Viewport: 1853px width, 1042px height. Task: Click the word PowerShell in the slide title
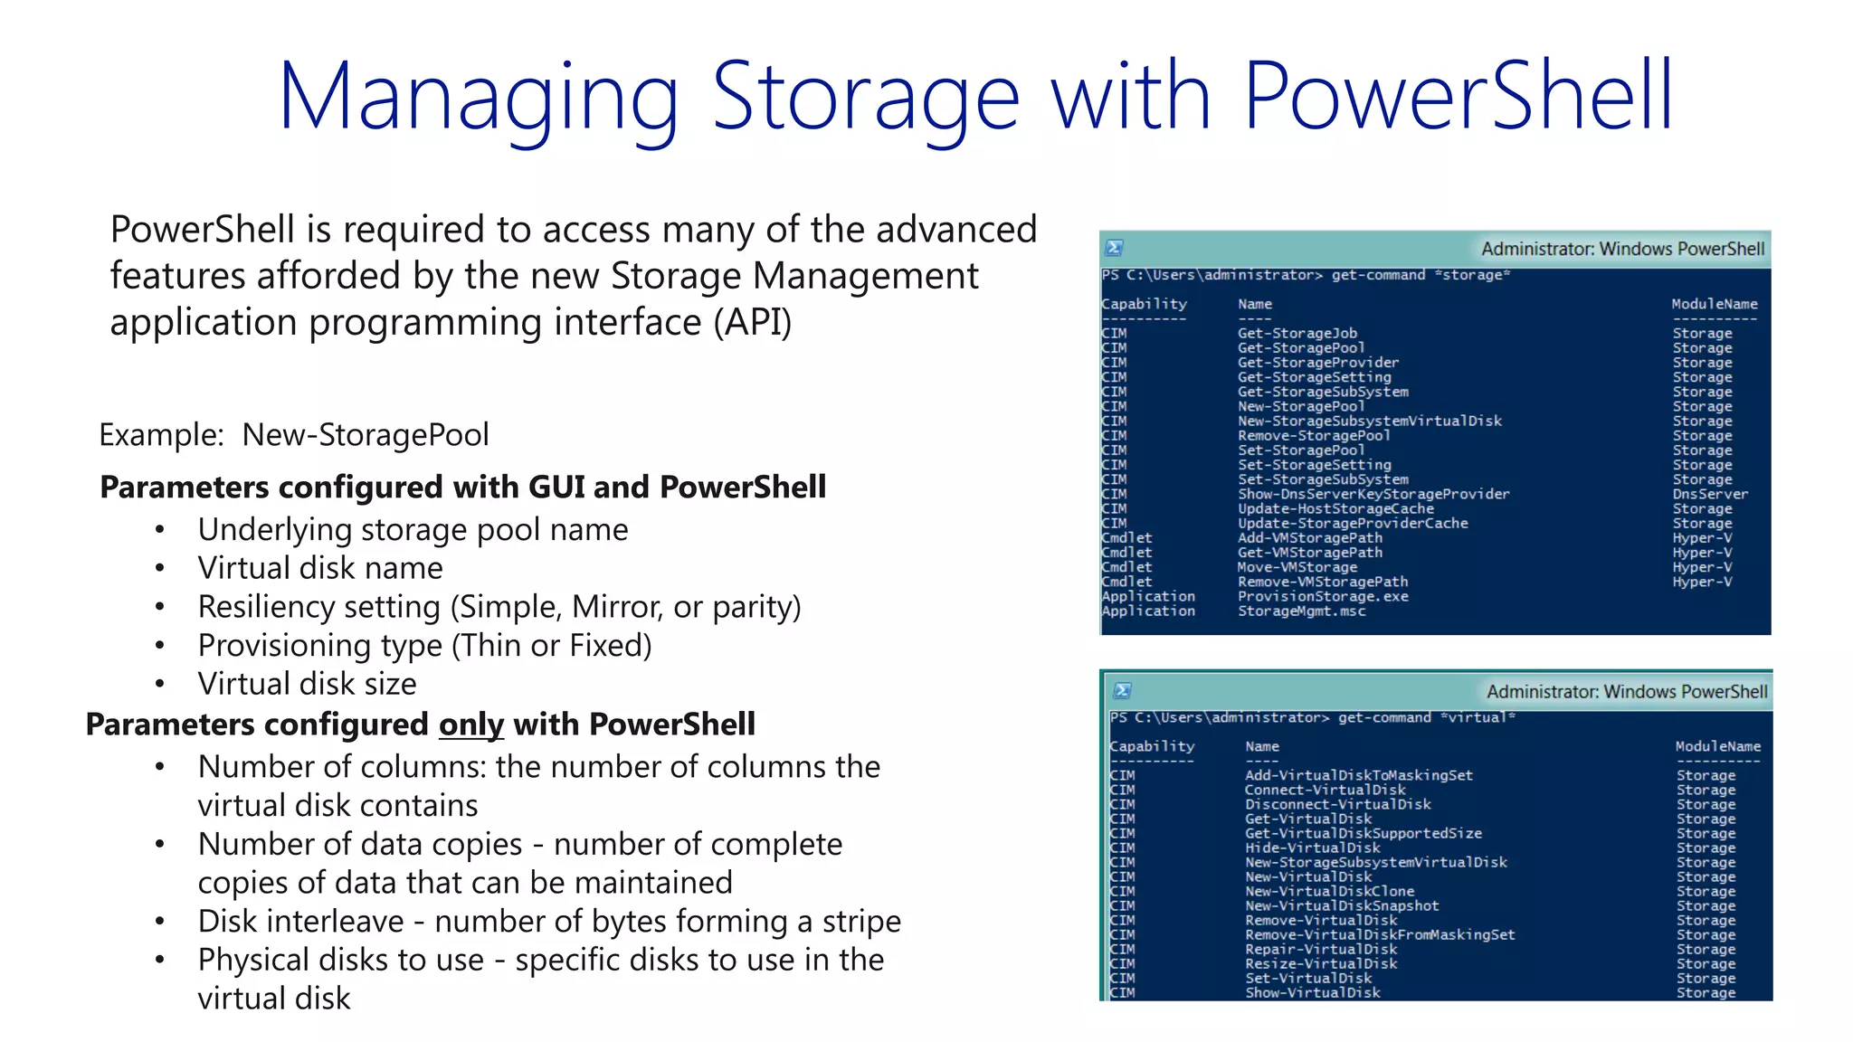point(1459,96)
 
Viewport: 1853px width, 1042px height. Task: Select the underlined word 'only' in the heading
point(470,725)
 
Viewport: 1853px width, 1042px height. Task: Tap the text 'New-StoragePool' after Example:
point(366,435)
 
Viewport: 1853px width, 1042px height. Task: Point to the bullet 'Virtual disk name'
point(320,568)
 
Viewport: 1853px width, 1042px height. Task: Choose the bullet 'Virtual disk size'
point(307,684)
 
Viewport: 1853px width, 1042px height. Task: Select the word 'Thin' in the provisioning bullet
point(490,646)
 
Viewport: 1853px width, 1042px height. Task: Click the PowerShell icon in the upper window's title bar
point(1115,248)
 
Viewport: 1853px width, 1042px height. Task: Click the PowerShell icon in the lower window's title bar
point(1123,691)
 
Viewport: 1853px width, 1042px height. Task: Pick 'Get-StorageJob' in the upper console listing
point(1297,333)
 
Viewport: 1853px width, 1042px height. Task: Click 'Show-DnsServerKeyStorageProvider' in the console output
point(1373,494)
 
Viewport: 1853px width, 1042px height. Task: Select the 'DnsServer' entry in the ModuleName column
point(1710,494)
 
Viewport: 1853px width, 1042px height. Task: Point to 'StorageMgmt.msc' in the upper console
point(1302,611)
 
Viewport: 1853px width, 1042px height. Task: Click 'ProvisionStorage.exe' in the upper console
point(1323,597)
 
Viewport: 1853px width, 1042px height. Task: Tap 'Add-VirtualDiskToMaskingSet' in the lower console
point(1358,775)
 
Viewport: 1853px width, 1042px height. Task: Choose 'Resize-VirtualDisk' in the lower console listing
point(1321,963)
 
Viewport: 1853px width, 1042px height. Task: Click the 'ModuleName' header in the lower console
point(1717,746)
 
